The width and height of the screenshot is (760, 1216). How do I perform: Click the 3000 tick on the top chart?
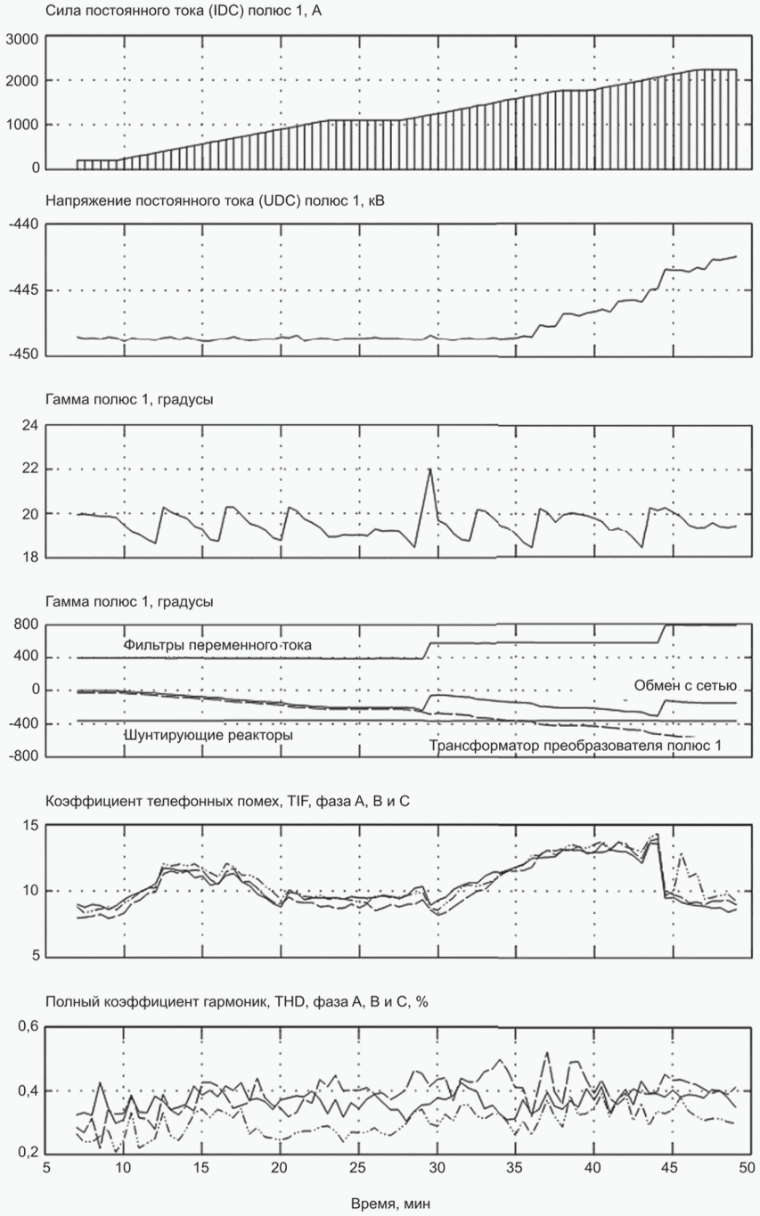pos(21,39)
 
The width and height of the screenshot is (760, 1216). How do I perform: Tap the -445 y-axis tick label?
pos(23,290)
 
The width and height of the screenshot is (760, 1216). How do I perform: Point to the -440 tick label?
pos(23,224)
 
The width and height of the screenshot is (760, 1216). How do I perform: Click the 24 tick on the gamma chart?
pos(31,425)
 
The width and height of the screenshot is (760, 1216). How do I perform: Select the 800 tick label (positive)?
pos(27,624)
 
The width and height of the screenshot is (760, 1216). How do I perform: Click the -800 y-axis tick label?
pos(23,756)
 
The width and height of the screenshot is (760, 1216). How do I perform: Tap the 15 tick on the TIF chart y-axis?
pos(31,826)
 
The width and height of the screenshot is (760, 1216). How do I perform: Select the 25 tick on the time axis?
pos(358,1168)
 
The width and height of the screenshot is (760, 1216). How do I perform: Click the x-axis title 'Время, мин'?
pos(391,1202)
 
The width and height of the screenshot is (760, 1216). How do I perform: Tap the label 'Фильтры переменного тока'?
pos(217,645)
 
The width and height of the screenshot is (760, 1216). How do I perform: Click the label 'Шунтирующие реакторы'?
pos(208,735)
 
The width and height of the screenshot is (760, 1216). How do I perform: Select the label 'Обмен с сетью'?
pos(685,686)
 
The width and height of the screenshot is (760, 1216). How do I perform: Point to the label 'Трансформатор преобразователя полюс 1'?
pos(576,746)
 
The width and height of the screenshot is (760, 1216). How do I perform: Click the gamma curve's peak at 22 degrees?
pos(430,469)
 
